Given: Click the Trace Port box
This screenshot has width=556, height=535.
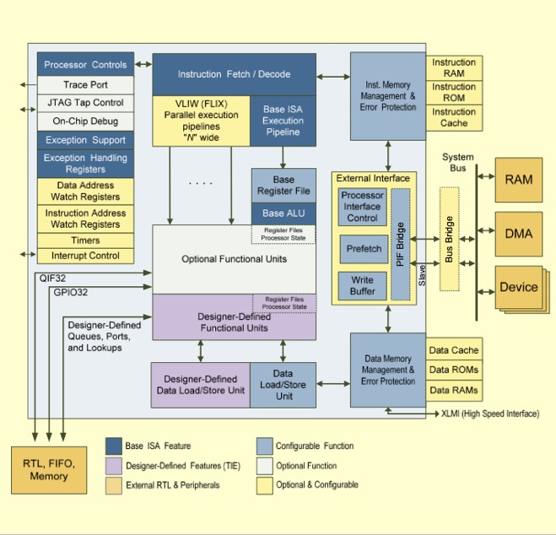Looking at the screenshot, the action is coord(85,84).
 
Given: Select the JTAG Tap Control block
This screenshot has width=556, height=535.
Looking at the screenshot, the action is coord(85,103).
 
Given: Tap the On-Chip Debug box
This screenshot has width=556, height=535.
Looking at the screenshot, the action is coord(85,122).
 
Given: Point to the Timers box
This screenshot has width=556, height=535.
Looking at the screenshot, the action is coord(85,240).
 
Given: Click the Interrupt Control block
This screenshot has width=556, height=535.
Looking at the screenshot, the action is coord(85,256).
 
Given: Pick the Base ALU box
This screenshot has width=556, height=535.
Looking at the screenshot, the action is coord(283,213).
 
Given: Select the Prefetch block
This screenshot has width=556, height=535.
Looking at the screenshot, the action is coord(364,249).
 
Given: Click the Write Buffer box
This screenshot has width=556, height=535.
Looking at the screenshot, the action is coord(363,286).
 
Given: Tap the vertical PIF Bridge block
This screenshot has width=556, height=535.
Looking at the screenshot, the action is coord(400,244).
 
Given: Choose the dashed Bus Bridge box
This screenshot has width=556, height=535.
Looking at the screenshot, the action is coord(449,240).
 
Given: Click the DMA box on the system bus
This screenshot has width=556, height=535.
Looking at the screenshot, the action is coord(519,234).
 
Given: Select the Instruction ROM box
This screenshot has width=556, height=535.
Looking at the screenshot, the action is coord(454,93).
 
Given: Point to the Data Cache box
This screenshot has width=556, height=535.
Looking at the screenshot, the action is coord(454,350).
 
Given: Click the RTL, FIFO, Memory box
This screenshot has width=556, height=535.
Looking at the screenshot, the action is coord(49,470).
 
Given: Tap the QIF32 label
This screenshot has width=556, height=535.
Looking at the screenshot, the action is coord(52,278).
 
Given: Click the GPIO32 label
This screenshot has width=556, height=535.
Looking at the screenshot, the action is coord(71,293).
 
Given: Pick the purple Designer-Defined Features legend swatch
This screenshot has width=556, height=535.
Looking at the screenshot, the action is coord(113,466).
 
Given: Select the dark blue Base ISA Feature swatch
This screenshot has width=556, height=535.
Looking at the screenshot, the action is coord(113,446).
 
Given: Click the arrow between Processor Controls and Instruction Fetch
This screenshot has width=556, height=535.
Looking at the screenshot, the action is coord(143,64).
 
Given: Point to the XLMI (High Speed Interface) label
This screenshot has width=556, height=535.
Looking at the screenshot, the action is coord(490,413).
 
